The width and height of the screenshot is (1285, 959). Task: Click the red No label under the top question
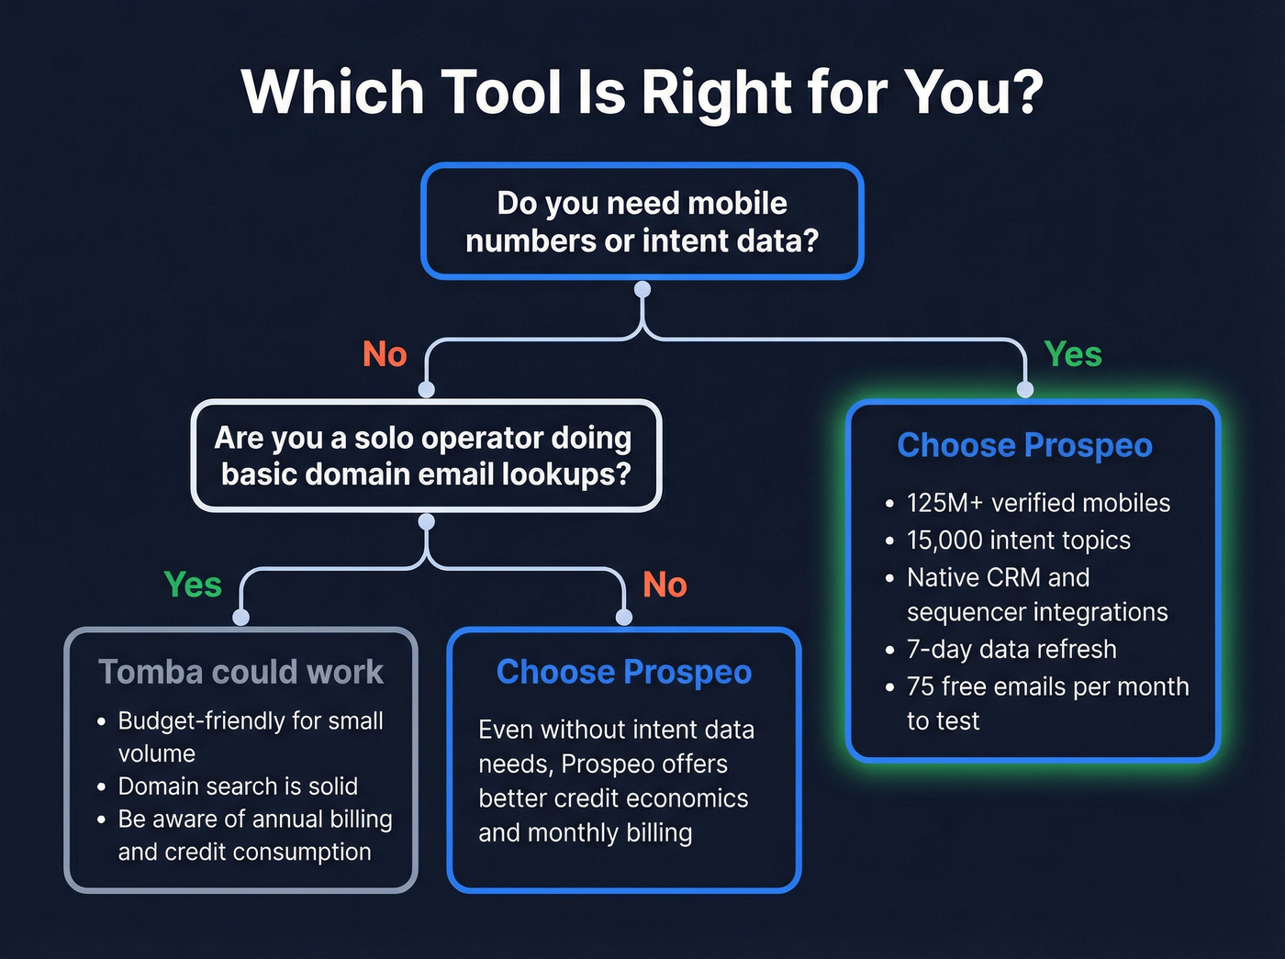[x=385, y=354]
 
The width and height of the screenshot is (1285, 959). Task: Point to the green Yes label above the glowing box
[x=1073, y=354]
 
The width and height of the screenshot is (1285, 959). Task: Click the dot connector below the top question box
[x=642, y=290]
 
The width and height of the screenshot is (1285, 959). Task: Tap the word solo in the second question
[x=378, y=438]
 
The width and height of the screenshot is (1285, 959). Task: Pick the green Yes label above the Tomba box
[x=193, y=585]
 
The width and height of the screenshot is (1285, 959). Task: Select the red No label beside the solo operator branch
[x=665, y=585]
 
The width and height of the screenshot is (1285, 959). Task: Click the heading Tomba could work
[x=240, y=672]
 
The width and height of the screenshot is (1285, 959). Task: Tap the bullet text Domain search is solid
[x=238, y=786]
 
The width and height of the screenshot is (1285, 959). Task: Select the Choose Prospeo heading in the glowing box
[x=1024, y=445]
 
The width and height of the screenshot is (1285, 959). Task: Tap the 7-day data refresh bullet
[x=1011, y=650]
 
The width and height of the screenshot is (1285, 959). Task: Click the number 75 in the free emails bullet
[x=921, y=686]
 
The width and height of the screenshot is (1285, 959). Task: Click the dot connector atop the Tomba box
[x=241, y=618]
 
